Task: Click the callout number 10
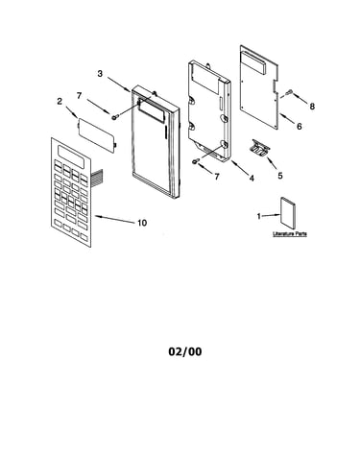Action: point(142,223)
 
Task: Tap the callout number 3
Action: point(100,74)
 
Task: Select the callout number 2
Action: point(60,102)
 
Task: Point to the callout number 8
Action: point(312,107)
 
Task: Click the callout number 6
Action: point(299,127)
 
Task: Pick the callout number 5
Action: point(280,176)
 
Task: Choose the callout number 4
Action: point(252,179)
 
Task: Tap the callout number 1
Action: point(259,217)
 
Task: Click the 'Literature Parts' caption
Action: point(290,234)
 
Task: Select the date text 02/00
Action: point(185,351)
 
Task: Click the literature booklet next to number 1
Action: point(288,212)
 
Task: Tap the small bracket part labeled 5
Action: point(261,148)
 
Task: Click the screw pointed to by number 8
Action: point(290,92)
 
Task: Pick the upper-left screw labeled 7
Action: point(114,117)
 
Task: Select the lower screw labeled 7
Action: point(196,161)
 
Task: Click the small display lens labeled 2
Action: point(97,135)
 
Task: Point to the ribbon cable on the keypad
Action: point(96,179)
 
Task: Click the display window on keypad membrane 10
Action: point(71,157)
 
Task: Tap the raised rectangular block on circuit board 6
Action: point(254,62)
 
